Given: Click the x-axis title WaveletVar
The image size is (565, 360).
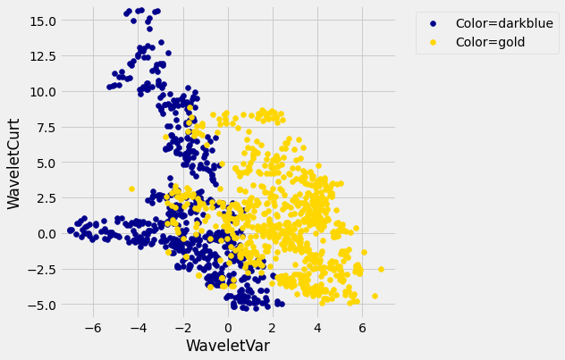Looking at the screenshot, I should tap(227, 345).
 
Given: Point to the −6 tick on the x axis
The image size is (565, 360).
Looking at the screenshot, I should tap(91, 328).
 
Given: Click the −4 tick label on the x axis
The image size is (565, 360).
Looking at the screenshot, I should tap(136, 328).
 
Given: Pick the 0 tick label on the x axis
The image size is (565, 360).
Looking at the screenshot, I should tap(228, 328).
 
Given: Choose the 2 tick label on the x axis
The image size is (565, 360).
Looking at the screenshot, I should tap(273, 328).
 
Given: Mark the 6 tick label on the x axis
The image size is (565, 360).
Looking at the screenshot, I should tap(362, 328).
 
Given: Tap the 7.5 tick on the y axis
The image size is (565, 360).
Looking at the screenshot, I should tap(42, 127).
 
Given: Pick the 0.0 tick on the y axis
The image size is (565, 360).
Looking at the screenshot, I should tap(42, 233).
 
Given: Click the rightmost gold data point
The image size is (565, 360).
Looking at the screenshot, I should tap(381, 269).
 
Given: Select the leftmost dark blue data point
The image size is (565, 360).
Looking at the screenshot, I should tap(70, 230).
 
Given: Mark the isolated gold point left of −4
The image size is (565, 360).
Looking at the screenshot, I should tap(131, 188).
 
